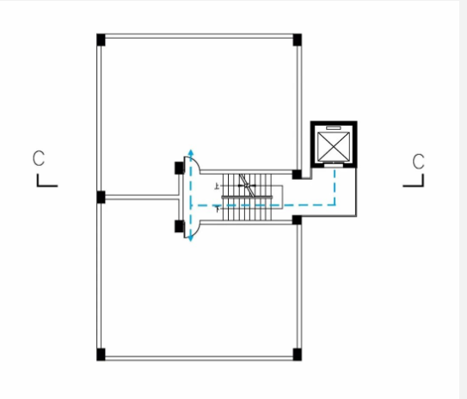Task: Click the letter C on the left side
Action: pyautogui.click(x=39, y=158)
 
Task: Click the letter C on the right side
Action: pyautogui.click(x=419, y=162)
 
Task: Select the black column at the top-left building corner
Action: pyautogui.click(x=101, y=40)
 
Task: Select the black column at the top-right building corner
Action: pyautogui.click(x=298, y=40)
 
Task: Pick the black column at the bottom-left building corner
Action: pyautogui.click(x=101, y=354)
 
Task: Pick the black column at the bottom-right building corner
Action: pyautogui.click(x=298, y=354)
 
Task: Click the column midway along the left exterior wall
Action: pyautogui.click(x=101, y=198)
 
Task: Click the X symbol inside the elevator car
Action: pyautogui.click(x=334, y=146)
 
